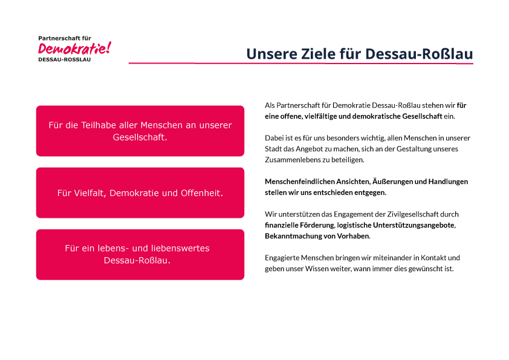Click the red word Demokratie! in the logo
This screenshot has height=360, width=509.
pyautogui.click(x=75, y=48)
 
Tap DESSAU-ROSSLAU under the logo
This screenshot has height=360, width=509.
pyautogui.click(x=64, y=60)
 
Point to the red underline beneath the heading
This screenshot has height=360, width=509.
pyautogui.click(x=301, y=63)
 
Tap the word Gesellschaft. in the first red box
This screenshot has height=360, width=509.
pyautogui.click(x=140, y=137)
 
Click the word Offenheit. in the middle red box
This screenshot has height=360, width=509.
pyautogui.click(x=202, y=193)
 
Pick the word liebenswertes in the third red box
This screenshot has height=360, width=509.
pyautogui.click(x=180, y=248)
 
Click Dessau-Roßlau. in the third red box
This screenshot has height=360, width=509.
pyautogui.click(x=137, y=261)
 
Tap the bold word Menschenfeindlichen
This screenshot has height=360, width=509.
pyautogui.click(x=300, y=182)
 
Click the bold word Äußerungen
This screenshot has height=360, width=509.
pyautogui.click(x=354, y=182)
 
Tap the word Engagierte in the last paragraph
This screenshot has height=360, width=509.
pyautogui.click(x=282, y=258)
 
